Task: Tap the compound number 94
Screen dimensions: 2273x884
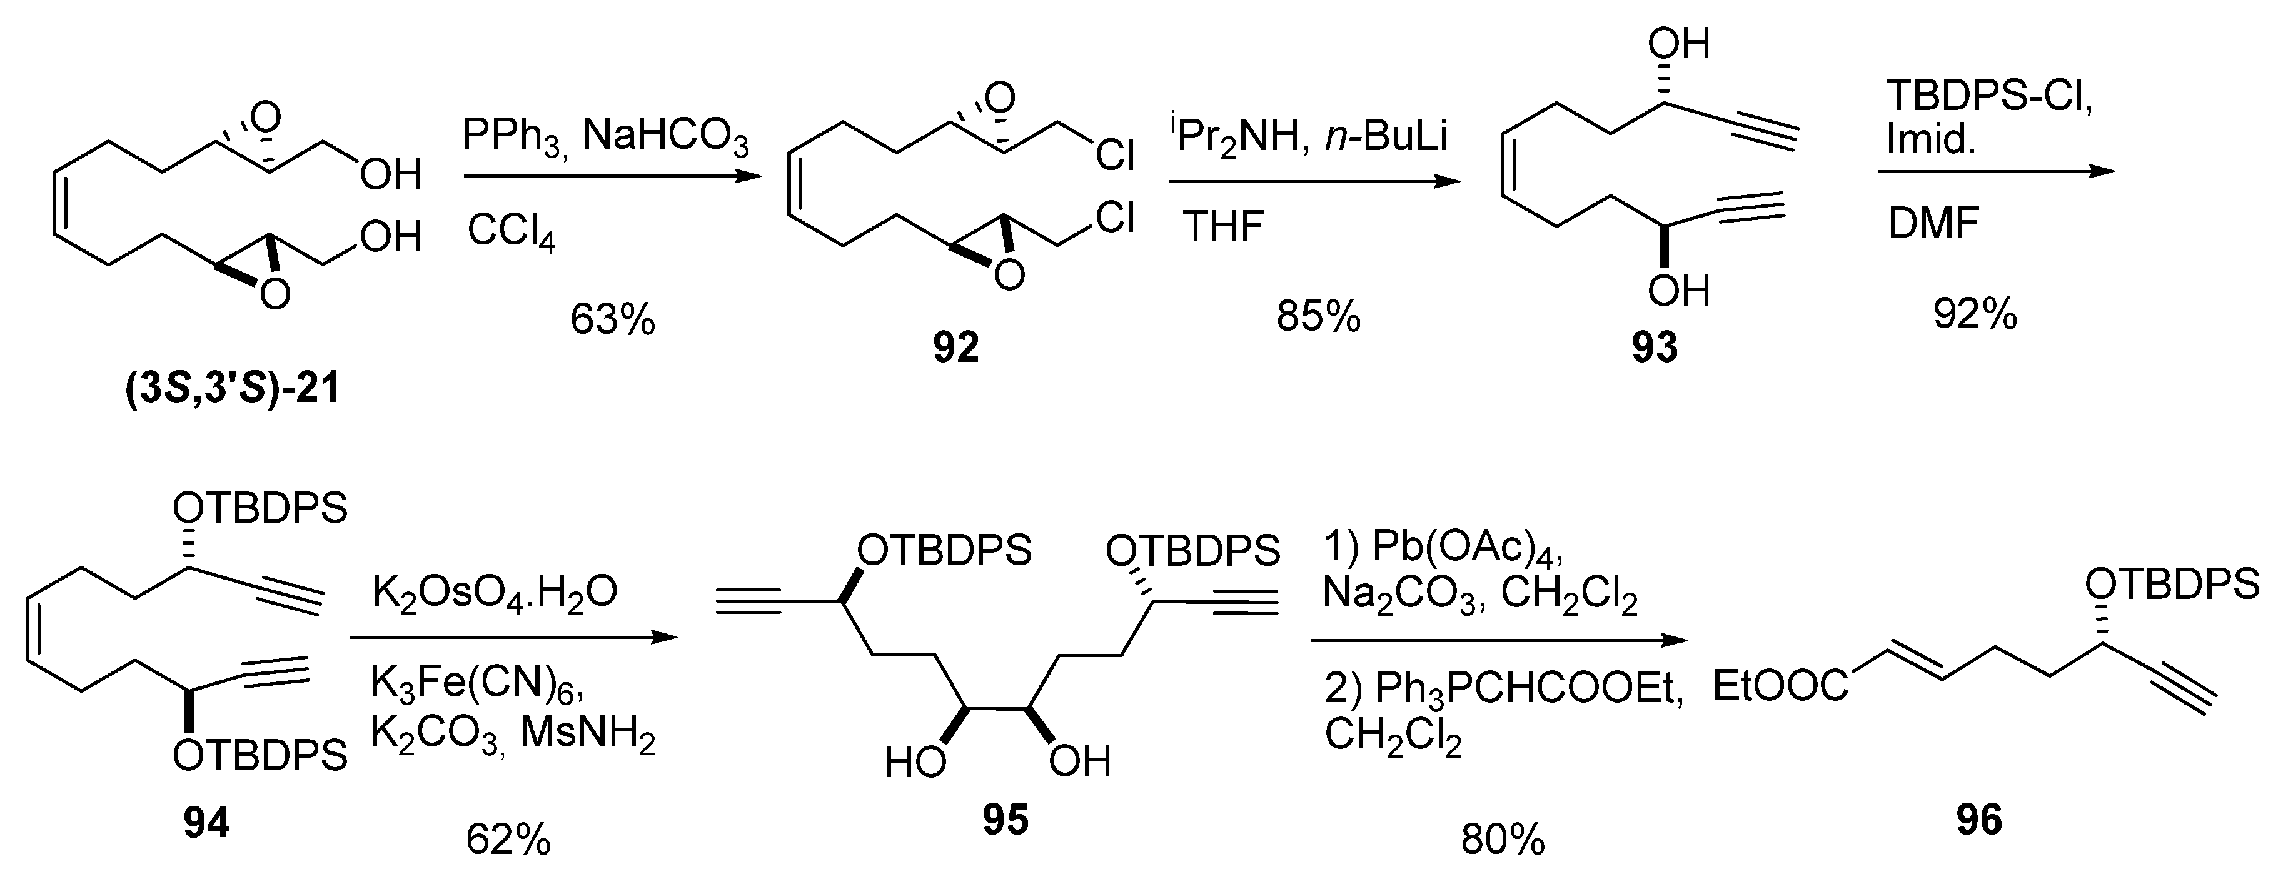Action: coord(206,822)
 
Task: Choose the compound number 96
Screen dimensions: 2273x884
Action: coord(1979,820)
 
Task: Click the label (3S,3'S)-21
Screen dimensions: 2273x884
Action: coord(233,389)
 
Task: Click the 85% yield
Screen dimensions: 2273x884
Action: coord(1318,316)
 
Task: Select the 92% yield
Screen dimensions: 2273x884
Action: coord(1975,313)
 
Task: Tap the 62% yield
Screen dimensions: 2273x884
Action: coord(508,840)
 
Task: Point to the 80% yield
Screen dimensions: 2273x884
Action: coord(1503,840)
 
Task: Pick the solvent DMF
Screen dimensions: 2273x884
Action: coord(1932,223)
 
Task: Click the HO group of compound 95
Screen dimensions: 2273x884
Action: coord(915,761)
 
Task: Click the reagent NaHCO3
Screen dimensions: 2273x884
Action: coord(665,137)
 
